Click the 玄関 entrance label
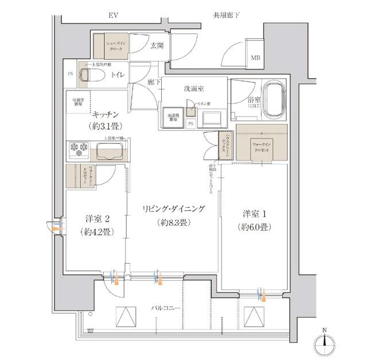click(x=157, y=47)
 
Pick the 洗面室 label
click(x=194, y=89)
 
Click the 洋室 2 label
click(x=96, y=219)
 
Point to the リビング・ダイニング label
click(x=173, y=208)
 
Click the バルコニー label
click(x=166, y=309)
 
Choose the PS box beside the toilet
click(x=70, y=73)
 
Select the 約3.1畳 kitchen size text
click(x=106, y=126)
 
